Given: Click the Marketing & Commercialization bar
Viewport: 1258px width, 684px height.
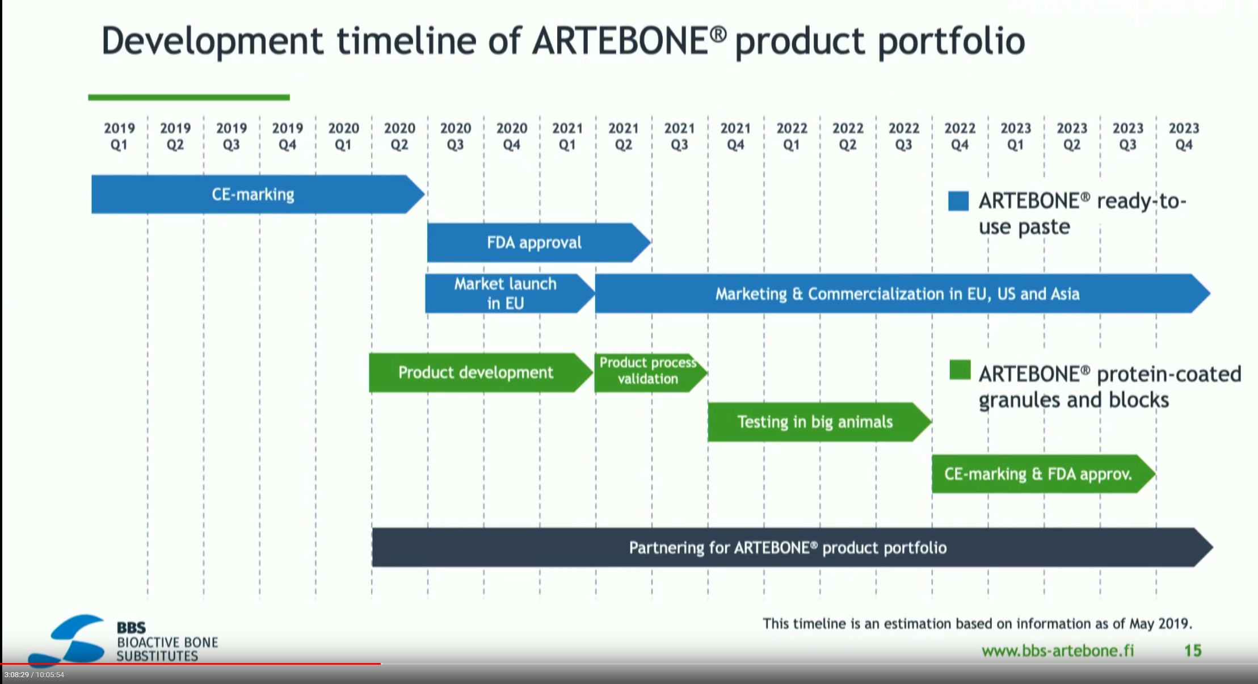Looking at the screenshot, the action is tap(903, 293).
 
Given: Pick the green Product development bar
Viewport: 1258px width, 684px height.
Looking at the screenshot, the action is tap(481, 372).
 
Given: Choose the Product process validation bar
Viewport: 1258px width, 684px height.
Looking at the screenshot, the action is tap(651, 372).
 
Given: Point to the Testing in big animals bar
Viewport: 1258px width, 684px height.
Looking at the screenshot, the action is tap(819, 422).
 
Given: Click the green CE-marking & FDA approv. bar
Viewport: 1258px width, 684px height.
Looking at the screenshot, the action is tap(1044, 473).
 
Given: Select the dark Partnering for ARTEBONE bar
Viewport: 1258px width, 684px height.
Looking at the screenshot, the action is tap(792, 547).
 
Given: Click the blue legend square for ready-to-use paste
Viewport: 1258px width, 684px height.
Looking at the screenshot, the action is tap(958, 201).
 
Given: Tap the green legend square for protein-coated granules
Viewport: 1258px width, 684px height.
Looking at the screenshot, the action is tap(960, 370).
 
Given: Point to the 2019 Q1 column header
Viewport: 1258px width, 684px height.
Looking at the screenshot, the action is tap(119, 136).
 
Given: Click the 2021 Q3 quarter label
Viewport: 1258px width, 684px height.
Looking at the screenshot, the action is tap(679, 136).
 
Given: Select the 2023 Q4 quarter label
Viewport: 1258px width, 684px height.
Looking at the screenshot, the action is tap(1184, 136).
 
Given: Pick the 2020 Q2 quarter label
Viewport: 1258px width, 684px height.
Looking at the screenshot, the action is tap(399, 136).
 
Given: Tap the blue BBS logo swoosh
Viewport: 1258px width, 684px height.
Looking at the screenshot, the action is tap(68, 640).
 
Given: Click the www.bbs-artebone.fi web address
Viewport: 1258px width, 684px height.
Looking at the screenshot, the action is tap(1058, 651).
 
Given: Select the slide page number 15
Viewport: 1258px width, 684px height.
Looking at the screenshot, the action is tap(1193, 651).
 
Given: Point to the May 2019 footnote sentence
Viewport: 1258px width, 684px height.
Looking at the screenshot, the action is tap(977, 624).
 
